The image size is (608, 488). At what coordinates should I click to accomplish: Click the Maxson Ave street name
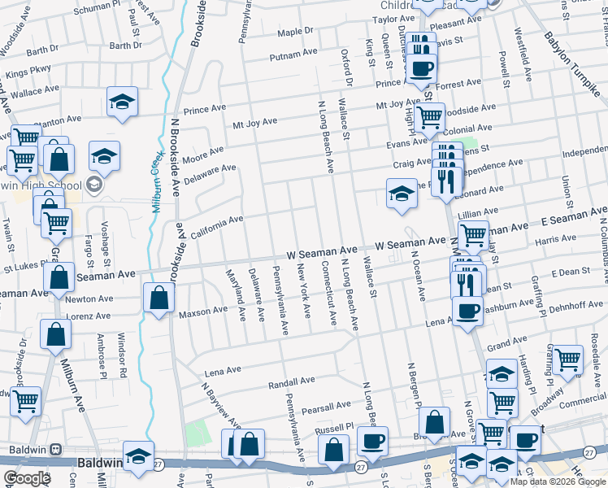[x=203, y=311]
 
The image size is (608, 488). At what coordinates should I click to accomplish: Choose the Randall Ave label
[x=291, y=381]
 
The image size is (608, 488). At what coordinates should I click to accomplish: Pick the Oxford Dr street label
[x=347, y=65]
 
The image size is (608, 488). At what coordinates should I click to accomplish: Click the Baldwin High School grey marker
[x=94, y=185]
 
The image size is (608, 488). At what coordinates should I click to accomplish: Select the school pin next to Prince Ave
[x=122, y=101]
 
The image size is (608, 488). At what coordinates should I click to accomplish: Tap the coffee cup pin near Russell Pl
[x=373, y=441]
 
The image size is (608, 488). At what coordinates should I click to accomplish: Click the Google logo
[x=27, y=478]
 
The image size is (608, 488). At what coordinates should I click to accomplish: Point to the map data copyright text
[x=557, y=481]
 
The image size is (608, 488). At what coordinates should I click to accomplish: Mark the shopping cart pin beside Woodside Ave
[x=429, y=117]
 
